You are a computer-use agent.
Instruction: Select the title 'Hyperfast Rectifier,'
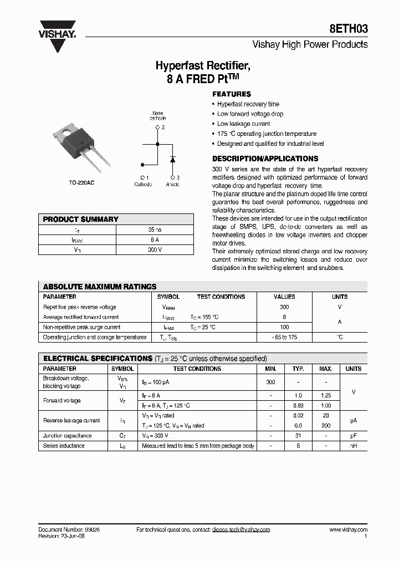click(203, 67)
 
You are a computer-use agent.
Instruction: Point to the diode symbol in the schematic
click(172, 159)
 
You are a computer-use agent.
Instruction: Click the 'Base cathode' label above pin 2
click(158, 116)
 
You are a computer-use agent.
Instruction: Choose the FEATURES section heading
click(232, 94)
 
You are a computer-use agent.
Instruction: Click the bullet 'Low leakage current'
click(244, 124)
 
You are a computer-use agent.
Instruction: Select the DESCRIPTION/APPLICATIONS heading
click(265, 159)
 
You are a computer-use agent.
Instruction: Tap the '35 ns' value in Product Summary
click(155, 229)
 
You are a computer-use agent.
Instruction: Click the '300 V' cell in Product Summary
click(155, 250)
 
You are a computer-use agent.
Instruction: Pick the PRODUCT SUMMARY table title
click(81, 220)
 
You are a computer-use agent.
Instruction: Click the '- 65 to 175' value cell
click(285, 337)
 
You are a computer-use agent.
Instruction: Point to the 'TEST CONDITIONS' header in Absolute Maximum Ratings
click(221, 297)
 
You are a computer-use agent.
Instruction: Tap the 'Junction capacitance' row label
click(68, 436)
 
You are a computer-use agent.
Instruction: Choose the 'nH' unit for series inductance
click(353, 446)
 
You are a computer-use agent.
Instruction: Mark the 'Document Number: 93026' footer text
click(69, 530)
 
